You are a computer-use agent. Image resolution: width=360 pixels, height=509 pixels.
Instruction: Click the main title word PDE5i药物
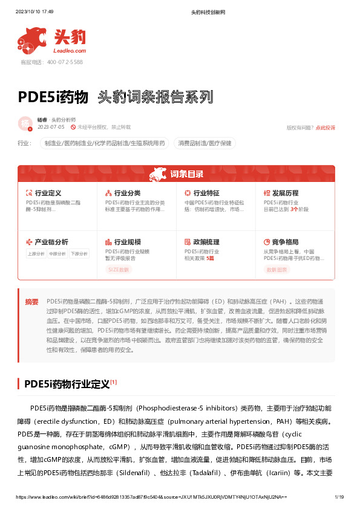tap(54, 97)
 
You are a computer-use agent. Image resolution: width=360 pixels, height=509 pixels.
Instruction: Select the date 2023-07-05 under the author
tap(50, 128)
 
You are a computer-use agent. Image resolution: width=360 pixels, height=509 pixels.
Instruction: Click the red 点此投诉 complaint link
tap(325, 128)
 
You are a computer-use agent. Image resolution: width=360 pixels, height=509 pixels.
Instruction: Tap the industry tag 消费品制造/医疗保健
tap(205, 143)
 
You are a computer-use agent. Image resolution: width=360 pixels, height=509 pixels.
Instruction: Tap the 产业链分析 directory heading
tap(51, 241)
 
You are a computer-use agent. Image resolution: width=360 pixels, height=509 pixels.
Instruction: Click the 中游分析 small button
tap(57, 254)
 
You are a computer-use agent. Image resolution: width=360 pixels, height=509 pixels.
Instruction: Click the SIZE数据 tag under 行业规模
tap(119, 270)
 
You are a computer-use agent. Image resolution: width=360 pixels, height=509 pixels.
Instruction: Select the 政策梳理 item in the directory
tap(206, 241)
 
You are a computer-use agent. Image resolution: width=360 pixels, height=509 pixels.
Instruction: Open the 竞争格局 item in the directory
tap(286, 241)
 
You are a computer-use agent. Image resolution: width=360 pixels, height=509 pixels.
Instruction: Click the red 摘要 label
tap(31, 301)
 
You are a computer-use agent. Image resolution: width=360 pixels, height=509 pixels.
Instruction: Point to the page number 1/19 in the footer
tap(339, 498)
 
